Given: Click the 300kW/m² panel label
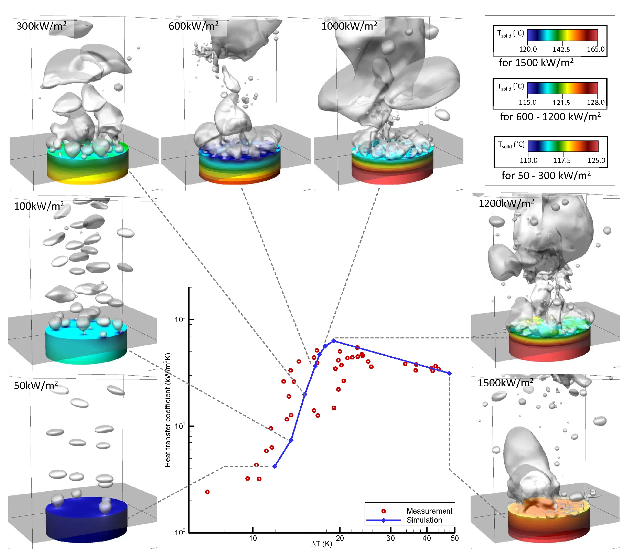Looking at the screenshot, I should click(41, 26).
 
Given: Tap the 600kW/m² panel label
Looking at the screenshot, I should click(193, 26).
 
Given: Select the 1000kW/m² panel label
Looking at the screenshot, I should click(349, 26).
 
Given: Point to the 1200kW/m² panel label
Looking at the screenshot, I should click(506, 203).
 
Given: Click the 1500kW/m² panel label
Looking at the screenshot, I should click(505, 382).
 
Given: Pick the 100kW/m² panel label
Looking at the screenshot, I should click(39, 206).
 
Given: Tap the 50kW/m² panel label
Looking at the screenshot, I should click(36, 385).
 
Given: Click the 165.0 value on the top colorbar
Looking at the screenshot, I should click(595, 49).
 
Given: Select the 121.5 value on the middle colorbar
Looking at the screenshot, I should click(561, 103).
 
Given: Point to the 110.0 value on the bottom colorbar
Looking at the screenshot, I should click(528, 160).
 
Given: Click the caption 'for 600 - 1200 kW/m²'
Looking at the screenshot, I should click(550, 117).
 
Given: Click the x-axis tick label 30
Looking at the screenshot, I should click(390, 538).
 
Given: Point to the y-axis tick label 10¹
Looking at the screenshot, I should click(180, 426).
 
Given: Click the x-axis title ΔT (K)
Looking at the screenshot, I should click(322, 544).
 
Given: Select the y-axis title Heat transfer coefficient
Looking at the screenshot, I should click(168, 410).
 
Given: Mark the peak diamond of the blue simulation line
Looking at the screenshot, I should click(333, 341).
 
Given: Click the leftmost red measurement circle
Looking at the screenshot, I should click(207, 492).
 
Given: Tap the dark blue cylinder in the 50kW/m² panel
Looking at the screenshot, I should click(86, 523).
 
